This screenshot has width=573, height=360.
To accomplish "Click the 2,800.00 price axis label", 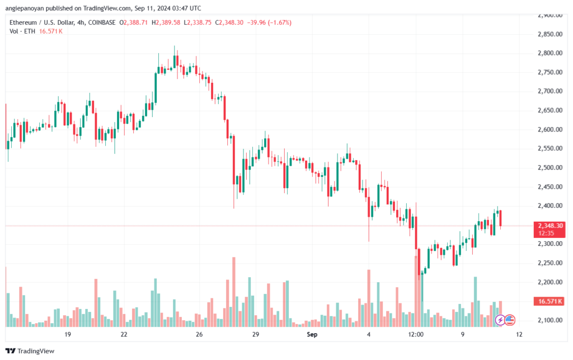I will pos(548,53).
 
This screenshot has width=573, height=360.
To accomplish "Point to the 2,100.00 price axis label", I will pos(548,320).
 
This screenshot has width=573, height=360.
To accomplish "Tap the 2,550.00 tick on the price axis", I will pos(548,148).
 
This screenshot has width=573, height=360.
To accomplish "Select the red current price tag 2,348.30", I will pos(551,226).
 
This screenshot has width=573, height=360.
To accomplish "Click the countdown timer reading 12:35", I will pos(546,232).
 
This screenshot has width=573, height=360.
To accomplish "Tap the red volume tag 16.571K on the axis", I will pos(549,301).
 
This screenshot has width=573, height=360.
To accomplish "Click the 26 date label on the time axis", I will pos(199,334).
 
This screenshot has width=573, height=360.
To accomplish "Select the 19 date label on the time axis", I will pos(68,334).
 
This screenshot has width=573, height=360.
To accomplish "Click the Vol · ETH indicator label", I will pos(22,31).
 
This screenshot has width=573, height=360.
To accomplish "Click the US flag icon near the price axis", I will pos(509,320).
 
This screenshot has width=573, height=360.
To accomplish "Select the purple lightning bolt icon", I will pos(501,320).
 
